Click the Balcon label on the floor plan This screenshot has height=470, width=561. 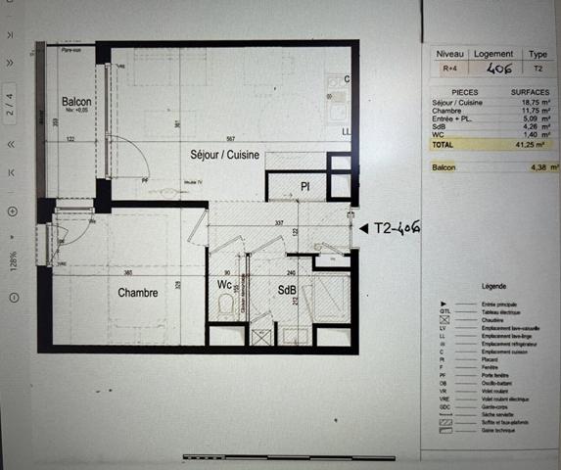point(76,103)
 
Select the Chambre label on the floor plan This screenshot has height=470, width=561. point(138,293)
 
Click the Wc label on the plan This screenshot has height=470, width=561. point(224,286)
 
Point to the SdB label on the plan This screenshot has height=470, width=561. point(288,291)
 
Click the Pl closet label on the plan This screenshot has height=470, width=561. point(304,186)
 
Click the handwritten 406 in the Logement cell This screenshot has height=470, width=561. point(491,69)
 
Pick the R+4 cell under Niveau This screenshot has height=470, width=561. point(449,70)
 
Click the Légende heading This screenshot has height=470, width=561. point(493,286)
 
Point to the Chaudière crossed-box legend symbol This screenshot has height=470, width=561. point(444,320)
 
